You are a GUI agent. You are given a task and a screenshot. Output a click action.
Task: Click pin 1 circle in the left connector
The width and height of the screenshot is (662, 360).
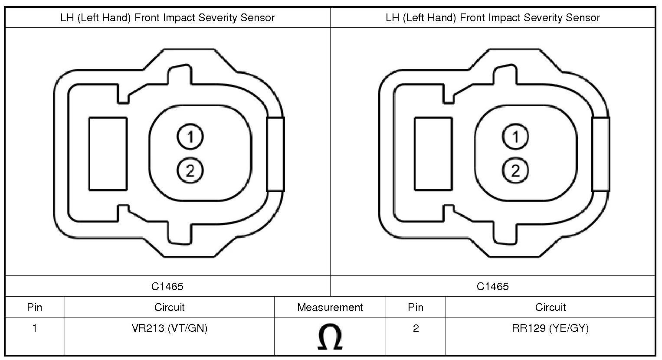coord(190,136)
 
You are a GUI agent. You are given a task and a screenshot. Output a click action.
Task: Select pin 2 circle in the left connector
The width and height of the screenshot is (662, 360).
coord(190,170)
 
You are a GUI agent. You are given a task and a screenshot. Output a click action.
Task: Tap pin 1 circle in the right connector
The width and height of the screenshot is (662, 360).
coord(515,136)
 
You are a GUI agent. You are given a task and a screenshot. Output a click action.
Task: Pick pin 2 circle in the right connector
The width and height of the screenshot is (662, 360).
coord(515,170)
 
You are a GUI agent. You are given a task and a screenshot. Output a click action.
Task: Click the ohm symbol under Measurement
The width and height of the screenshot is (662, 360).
coord(330,337)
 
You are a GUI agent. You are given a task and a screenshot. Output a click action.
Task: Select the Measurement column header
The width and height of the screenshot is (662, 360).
coord(330,308)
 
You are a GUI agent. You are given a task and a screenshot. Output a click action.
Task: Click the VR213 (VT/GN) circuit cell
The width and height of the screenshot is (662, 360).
coord(170,328)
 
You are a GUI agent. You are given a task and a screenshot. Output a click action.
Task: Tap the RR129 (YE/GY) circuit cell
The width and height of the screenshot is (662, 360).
coord(550,328)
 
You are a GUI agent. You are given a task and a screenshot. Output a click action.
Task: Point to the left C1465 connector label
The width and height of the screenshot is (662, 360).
coord(167,286)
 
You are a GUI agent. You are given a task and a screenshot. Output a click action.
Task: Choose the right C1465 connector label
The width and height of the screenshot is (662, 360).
coord(493,286)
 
